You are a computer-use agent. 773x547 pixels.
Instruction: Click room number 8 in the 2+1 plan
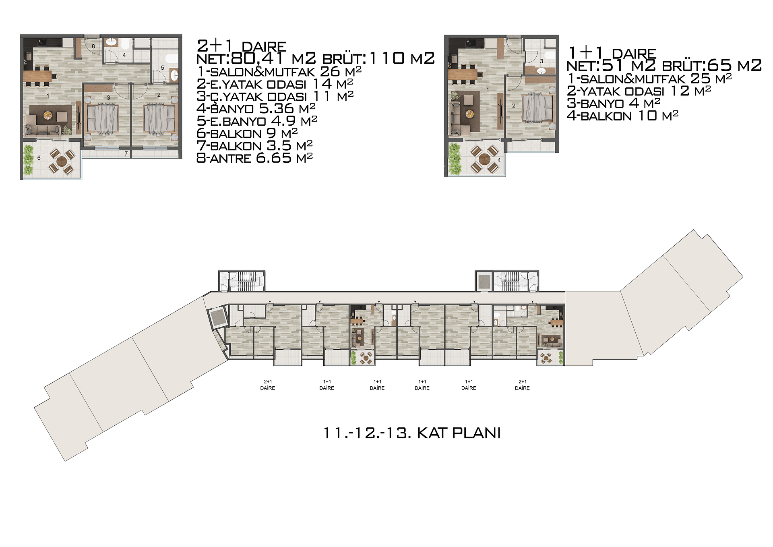tap(93, 46)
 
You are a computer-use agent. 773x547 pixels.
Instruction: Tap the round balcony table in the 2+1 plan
tap(62, 162)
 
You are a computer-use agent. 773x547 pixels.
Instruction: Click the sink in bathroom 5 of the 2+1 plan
tap(174, 75)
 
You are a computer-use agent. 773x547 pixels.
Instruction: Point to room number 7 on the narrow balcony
tap(126, 153)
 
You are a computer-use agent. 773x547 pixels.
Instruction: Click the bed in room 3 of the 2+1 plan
tap(103, 119)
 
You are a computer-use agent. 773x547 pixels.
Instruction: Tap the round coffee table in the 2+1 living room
tap(48, 115)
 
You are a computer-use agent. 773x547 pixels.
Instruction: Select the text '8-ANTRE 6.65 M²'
tap(254, 158)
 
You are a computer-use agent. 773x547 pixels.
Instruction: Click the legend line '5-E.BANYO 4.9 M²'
tap(257, 121)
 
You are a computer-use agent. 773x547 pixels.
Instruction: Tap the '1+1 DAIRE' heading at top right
tap(612, 53)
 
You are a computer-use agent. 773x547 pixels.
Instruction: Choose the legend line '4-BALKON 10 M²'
tap(622, 116)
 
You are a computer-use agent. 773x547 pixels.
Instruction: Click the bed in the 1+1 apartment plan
tap(537, 107)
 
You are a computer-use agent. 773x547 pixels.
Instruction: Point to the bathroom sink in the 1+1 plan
tap(542, 71)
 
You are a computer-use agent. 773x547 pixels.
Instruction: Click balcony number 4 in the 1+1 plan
tap(499, 160)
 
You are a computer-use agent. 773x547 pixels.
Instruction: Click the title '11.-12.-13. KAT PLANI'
tap(412, 433)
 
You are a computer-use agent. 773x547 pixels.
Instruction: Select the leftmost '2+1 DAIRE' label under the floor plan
tap(268, 385)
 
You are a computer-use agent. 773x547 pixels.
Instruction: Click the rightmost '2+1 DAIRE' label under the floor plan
tap(522, 385)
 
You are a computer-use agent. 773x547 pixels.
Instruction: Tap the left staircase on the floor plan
tap(244, 281)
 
